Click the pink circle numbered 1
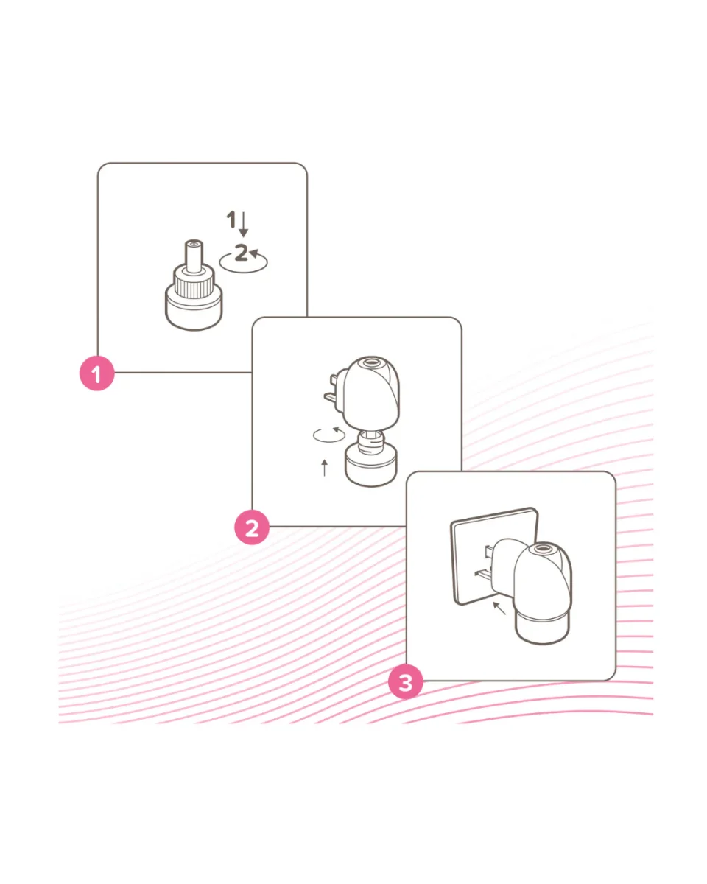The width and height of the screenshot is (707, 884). tap(97, 373)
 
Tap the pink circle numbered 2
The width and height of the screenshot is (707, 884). tap(252, 527)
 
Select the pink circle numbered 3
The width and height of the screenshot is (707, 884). tap(406, 682)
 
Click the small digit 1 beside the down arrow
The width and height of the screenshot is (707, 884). tap(231, 220)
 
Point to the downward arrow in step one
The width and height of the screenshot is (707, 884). tap(243, 224)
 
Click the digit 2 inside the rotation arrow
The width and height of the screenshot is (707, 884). tap(241, 253)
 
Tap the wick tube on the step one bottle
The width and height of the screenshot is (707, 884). tap(194, 256)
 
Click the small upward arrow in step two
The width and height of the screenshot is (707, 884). tap(325, 468)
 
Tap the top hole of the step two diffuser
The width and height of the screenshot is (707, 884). tap(371, 362)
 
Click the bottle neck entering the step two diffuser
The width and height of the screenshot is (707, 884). tap(371, 441)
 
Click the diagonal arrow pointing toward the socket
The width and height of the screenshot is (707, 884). tap(499, 608)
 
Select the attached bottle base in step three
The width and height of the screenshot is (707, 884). tap(543, 630)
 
